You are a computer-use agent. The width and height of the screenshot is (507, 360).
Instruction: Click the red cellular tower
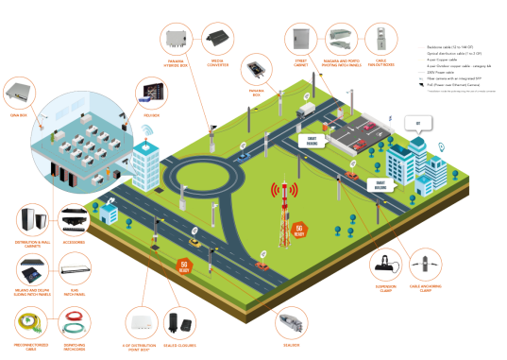pos(281,214)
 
